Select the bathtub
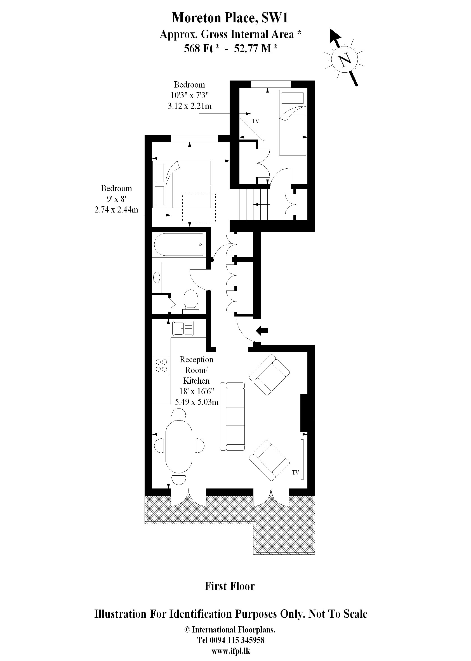[179, 245]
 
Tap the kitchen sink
[183, 329]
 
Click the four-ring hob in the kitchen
[161, 365]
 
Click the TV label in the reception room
[295, 473]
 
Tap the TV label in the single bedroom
[255, 121]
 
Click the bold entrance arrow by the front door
[262, 330]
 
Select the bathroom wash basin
[156, 277]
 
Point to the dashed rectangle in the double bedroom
[199, 208]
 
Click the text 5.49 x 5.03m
[196, 402]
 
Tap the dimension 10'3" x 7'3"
[189, 95]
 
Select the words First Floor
[229, 586]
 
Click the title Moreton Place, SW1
[230, 18]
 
